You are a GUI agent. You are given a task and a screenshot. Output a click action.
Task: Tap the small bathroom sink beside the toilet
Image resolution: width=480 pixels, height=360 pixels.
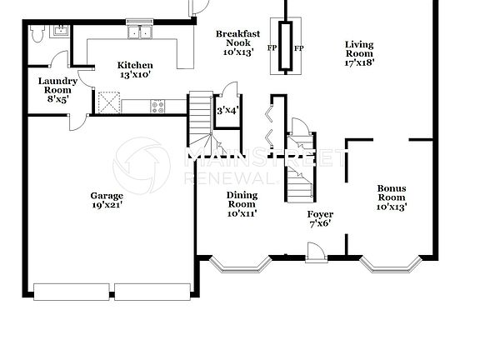coord(58,32)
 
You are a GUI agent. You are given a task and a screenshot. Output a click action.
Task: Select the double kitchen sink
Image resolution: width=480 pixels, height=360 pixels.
coord(140,33)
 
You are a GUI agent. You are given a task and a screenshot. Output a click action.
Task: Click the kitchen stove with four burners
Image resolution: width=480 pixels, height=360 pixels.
coord(157,105)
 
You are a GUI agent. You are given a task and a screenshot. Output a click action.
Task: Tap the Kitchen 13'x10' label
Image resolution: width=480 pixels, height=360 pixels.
coord(134,70)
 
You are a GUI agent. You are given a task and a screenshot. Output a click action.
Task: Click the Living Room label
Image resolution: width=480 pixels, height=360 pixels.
coord(359,52)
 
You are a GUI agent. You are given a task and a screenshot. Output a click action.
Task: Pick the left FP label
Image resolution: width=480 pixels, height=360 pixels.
coord(272,47)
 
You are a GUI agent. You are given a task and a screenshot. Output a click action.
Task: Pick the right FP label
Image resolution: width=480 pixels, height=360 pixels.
coord(299,47)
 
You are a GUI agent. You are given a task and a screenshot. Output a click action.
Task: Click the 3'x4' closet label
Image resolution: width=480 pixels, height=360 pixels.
coord(227,110)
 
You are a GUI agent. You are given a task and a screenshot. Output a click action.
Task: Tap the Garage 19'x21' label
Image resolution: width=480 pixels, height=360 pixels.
coord(107,201)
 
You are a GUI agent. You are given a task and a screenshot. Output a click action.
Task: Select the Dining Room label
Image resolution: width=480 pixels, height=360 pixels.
coord(242,203)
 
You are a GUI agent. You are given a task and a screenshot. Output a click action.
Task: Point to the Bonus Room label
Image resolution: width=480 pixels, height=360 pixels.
coord(392,197)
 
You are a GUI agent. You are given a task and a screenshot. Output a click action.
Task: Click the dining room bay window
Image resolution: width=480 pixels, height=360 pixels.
coord(241,264)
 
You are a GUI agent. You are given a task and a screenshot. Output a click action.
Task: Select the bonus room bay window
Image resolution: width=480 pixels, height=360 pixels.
coord(392,264)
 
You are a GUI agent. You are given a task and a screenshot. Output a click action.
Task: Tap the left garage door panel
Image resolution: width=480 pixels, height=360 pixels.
coord(71,290)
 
